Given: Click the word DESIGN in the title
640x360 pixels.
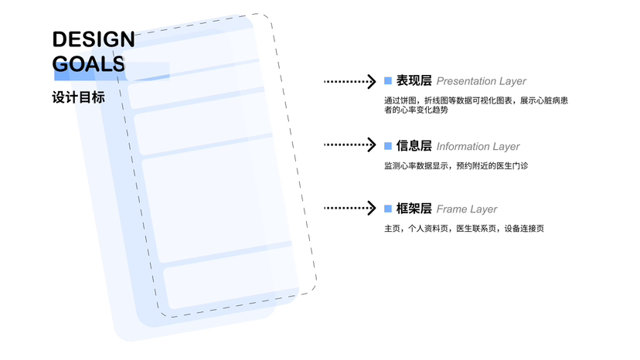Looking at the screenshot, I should point(93,39).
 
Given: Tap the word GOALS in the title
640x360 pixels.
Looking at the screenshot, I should point(88,63).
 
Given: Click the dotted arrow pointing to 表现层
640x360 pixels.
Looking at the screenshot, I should point(349,81).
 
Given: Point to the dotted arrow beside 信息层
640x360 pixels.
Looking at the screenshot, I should point(349,145).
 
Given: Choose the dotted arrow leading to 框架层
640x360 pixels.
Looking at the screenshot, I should point(349,209).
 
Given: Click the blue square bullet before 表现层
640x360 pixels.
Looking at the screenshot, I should point(388,81).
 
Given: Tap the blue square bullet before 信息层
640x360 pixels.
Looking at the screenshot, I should point(388,145).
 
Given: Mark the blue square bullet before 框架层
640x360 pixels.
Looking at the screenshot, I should point(388,209).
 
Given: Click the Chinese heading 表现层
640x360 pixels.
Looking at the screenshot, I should point(414,81).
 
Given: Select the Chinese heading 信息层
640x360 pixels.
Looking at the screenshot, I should point(414,146).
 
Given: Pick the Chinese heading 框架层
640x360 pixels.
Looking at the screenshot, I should point(414,209).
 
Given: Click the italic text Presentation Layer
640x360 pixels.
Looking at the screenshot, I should point(481,81).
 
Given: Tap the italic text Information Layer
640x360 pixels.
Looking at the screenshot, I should point(478,146).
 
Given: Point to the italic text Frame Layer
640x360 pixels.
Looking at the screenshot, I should point(467,209).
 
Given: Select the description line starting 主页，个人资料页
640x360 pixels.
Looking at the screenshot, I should point(464,229).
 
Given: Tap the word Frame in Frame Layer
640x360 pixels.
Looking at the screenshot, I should point(451,209).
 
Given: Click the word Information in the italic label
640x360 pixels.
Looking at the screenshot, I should point(463,146).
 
